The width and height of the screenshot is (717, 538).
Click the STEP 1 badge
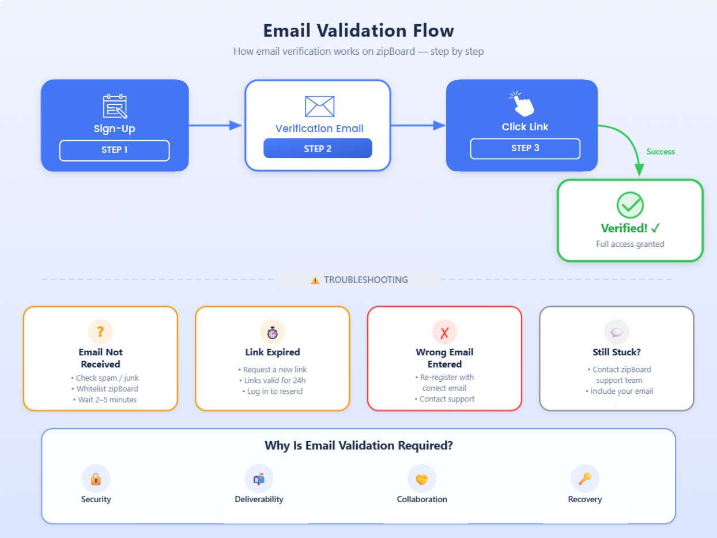coord(114,150)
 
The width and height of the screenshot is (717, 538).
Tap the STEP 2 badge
coord(318,149)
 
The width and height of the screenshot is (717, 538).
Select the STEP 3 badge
coord(525,148)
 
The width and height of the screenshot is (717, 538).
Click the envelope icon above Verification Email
coord(319,106)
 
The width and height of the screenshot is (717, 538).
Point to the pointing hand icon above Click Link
coord(522,104)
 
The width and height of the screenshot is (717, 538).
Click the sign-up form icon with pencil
coord(115,107)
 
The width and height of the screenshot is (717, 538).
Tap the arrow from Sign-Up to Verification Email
coord(214,125)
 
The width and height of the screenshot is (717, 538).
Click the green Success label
coord(661,152)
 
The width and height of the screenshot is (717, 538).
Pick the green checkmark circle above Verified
coord(630,205)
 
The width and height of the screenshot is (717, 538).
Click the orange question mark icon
coord(100,332)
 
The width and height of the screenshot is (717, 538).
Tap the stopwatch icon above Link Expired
coord(273,332)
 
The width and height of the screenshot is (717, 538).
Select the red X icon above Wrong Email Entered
coord(444,332)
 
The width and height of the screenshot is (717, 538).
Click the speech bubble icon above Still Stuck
coord(617,332)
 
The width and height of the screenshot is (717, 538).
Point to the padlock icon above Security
coord(96,479)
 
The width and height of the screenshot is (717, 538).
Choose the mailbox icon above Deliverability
coord(259,479)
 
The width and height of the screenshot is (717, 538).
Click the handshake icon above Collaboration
coord(422,479)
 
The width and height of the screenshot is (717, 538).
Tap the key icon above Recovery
coord(585,479)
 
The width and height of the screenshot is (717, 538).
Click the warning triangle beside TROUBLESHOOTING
coord(315,280)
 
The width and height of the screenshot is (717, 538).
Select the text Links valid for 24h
coord(273,381)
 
